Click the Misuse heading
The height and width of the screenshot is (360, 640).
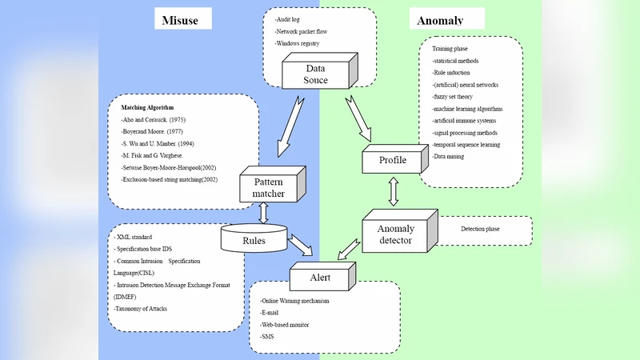[x=184, y=19]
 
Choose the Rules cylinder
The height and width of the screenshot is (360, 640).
[x=254, y=238]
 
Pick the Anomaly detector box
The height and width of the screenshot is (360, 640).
[x=395, y=234]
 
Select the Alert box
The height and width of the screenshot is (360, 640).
[x=321, y=277]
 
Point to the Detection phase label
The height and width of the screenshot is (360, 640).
[x=480, y=230]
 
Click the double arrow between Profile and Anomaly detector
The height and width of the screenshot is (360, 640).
[x=393, y=192]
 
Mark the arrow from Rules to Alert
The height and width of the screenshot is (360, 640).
[x=302, y=242]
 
